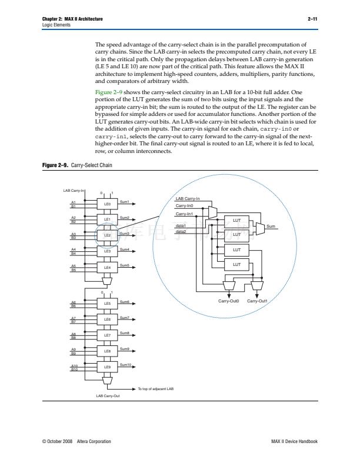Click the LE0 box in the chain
click(x=107, y=204)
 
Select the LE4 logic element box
click(x=107, y=267)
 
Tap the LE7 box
click(x=107, y=335)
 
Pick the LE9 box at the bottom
click(x=107, y=367)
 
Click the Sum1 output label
click(x=124, y=201)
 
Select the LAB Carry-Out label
click(x=108, y=396)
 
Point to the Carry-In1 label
click(x=185, y=214)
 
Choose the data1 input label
click(x=181, y=226)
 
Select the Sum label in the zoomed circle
click(x=271, y=226)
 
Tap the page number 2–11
click(x=312, y=19)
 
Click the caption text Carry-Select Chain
click(x=91, y=165)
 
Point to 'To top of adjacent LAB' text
click(x=155, y=388)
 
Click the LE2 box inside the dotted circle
click(x=107, y=235)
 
